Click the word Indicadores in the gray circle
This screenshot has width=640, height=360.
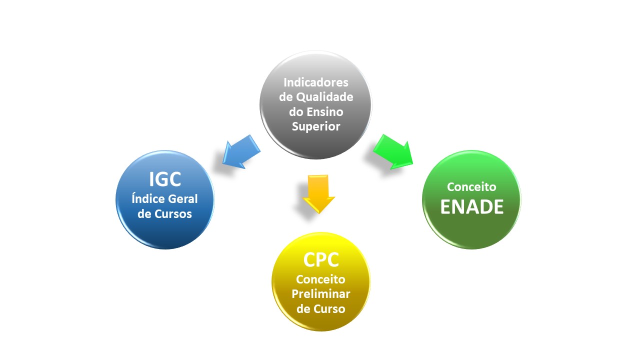pos(316,82)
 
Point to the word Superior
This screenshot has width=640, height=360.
pos(316,126)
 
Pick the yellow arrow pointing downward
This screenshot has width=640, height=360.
pos(318,193)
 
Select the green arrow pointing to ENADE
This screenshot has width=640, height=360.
pos(394,151)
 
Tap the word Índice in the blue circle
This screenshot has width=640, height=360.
pos(148,199)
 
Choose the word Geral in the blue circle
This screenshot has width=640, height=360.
pos(181,199)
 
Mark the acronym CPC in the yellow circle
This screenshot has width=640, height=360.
pos(321,260)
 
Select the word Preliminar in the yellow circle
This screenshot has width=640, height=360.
pos(321,294)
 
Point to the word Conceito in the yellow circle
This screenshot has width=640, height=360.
pos(321,279)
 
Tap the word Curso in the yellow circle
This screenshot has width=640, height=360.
pos(329,309)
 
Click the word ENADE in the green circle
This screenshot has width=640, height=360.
pos(471,206)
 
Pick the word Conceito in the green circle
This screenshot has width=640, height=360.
pos(471,187)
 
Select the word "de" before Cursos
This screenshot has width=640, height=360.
pos(144,214)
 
